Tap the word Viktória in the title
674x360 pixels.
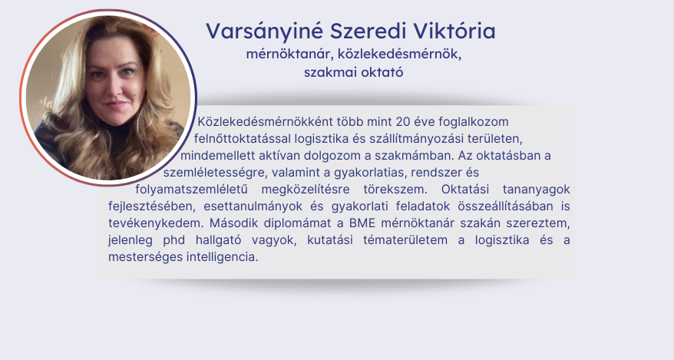(x=454, y=31)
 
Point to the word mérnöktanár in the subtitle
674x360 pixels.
(x=290, y=54)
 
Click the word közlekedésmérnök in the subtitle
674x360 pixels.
(x=399, y=54)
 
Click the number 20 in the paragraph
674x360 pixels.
(x=403, y=122)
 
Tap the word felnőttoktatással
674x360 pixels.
(x=243, y=139)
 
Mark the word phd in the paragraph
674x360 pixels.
(x=173, y=240)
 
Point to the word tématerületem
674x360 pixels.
(x=405, y=240)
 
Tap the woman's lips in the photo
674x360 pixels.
(x=115, y=104)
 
